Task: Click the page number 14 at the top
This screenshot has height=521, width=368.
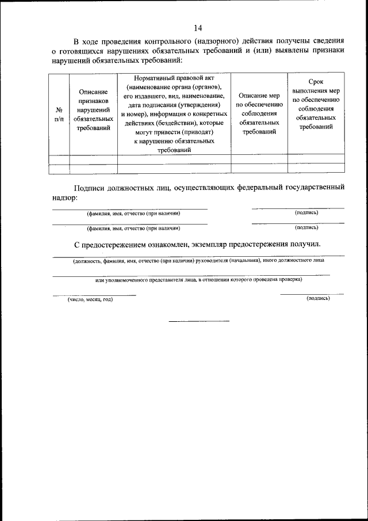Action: pyautogui.click(x=198, y=28)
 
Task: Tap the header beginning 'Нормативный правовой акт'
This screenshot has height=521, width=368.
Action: pyautogui.click(x=174, y=113)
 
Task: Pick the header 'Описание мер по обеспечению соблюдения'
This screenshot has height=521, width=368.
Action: pyautogui.click(x=259, y=113)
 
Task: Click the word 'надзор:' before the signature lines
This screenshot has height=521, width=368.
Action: pyautogui.click(x=63, y=197)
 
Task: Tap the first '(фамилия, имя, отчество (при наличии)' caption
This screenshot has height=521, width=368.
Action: pyautogui.click(x=129, y=213)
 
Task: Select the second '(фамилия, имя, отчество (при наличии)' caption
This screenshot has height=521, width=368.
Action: pyautogui.click(x=129, y=228)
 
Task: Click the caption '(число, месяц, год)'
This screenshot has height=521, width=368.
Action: pyautogui.click(x=90, y=299)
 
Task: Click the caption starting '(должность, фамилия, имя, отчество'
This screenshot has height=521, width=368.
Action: pyautogui.click(x=198, y=260)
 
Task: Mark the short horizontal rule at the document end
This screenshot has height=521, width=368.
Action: pyautogui.click(x=198, y=321)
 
